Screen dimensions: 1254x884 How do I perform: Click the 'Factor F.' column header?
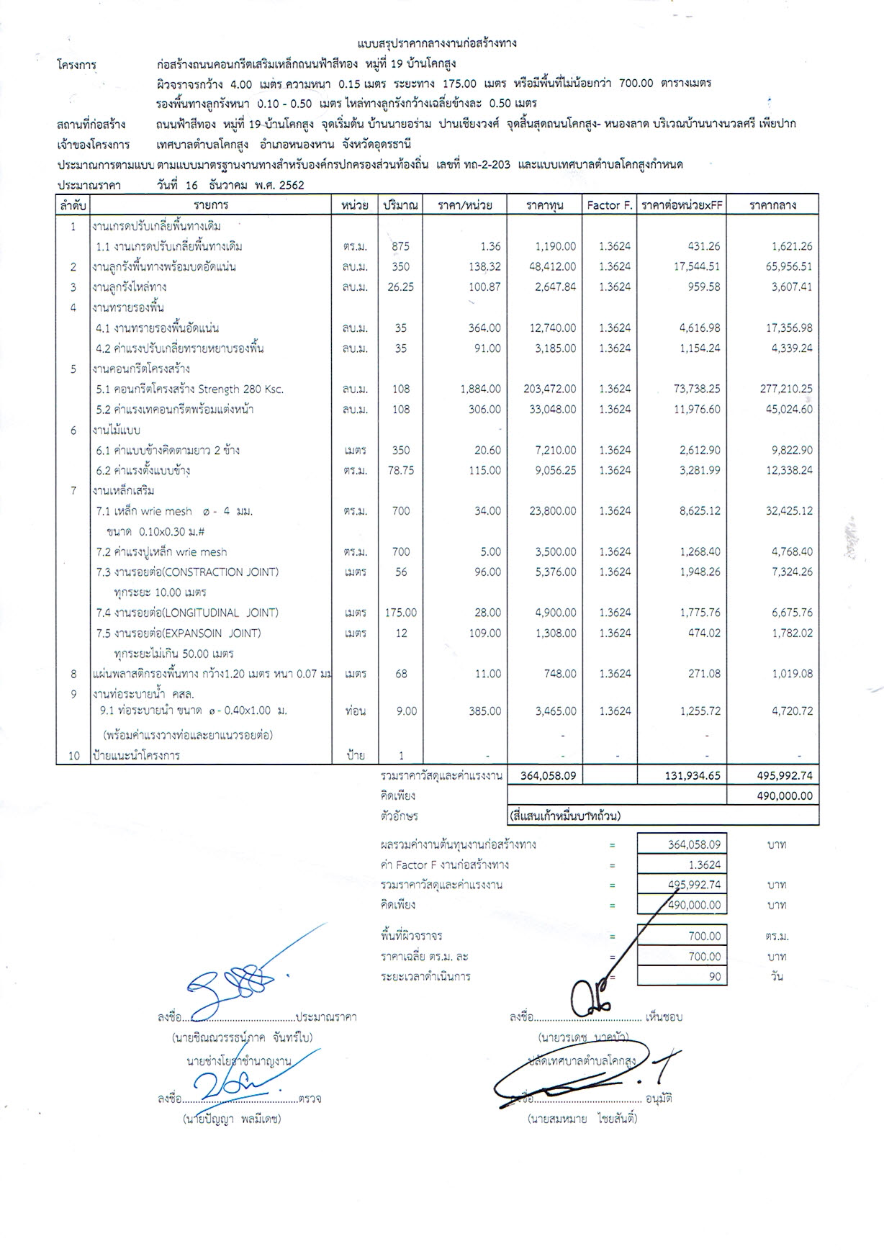tap(609, 205)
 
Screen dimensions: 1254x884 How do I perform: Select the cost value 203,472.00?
tap(550, 389)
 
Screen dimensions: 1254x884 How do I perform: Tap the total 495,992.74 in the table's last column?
tap(780, 775)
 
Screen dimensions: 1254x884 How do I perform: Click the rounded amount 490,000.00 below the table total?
tap(780, 795)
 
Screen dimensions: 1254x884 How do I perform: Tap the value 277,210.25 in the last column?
tap(780, 389)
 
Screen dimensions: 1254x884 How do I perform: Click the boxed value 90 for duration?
tap(712, 977)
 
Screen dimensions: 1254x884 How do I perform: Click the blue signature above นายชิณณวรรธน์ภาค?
tap(241, 984)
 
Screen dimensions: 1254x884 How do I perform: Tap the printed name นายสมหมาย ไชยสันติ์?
tap(582, 1119)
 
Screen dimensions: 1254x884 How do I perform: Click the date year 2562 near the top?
tap(289, 185)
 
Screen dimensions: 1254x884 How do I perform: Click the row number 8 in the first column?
tap(73, 674)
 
